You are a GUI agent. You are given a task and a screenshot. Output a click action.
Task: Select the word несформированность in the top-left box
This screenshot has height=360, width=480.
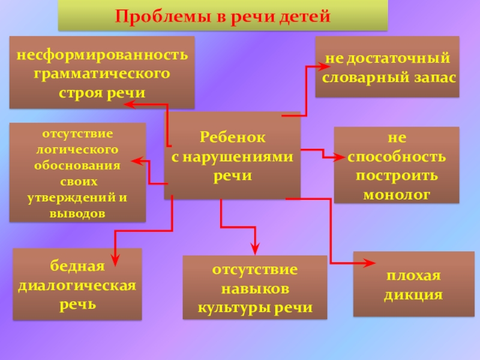coord(102,55)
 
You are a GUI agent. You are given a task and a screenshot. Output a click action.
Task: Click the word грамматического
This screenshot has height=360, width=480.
coord(102,74)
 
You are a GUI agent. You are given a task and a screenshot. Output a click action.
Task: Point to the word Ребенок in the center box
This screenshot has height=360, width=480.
coord(232,137)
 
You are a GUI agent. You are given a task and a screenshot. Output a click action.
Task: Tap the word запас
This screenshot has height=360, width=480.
coord(434,78)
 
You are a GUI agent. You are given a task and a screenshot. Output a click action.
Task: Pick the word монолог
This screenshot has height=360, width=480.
coord(397,194)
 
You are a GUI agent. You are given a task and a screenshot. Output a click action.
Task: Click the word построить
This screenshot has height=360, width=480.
coord(397,176)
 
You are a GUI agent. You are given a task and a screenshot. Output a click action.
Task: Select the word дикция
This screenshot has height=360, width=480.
coord(413,295)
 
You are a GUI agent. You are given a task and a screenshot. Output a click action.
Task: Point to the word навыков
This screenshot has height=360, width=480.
coord(255,289)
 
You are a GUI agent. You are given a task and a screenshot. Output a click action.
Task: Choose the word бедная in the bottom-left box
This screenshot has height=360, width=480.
coord(77,265)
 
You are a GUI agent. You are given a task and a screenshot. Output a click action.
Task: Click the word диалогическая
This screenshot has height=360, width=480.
coord(77,284)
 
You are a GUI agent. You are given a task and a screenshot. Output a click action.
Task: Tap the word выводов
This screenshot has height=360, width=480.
coord(77,213)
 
